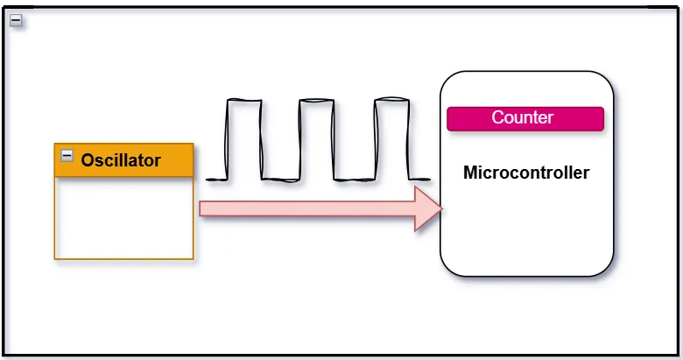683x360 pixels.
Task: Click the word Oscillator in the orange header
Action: coord(121,160)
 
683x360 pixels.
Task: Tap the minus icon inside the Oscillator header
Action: coord(67,156)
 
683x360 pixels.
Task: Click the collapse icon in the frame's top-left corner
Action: coord(15,20)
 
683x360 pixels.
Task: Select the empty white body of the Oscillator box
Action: coord(123,218)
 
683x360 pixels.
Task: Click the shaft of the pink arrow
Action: coord(306,208)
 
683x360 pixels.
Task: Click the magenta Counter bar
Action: coord(525,118)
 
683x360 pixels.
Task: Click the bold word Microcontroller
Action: coord(525,173)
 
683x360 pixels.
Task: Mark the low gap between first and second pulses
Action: coord(280,180)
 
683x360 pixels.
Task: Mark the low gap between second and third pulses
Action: coord(355,180)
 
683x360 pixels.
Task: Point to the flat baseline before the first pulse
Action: coord(216,180)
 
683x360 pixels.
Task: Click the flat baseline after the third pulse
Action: coord(419,180)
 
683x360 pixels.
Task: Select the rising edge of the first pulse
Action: coord(228,140)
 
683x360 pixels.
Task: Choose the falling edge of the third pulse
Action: coord(408,140)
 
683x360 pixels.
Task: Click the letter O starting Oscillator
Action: coord(88,160)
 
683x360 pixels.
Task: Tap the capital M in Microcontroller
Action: coord(469,173)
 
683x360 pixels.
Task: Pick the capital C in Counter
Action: coord(497,117)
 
